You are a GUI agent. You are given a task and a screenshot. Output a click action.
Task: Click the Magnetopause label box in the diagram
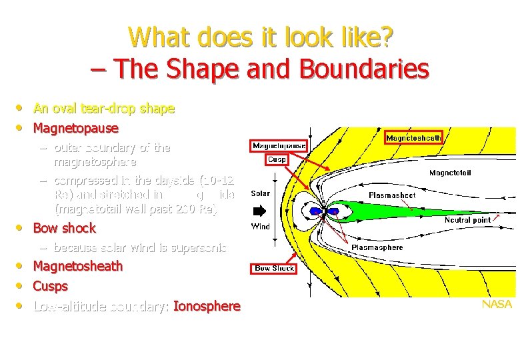[x=279, y=145]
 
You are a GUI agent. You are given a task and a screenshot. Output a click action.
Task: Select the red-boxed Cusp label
[x=277, y=159]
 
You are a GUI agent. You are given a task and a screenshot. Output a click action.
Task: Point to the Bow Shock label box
[x=274, y=268]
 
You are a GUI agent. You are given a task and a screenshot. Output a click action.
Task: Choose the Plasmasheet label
[x=392, y=195]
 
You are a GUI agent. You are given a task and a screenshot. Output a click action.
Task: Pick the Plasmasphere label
[x=377, y=247]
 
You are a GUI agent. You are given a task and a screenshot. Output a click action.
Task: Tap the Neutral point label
[x=467, y=219]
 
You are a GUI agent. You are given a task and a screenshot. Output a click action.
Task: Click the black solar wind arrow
[x=259, y=211]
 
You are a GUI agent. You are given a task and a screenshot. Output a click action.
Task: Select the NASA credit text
[x=497, y=304]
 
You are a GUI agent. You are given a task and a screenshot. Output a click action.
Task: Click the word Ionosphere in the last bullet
[x=207, y=306]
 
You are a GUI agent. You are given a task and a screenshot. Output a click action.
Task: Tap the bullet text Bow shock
[x=65, y=228]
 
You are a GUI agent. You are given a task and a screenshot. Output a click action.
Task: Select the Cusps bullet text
[x=51, y=286]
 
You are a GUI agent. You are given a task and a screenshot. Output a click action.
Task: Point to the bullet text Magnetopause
[x=75, y=127]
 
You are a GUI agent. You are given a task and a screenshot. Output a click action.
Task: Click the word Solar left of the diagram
[x=260, y=193]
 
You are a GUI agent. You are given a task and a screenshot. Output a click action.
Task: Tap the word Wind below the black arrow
[x=260, y=227]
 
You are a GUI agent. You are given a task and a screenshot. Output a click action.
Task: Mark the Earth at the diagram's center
[x=327, y=211]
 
